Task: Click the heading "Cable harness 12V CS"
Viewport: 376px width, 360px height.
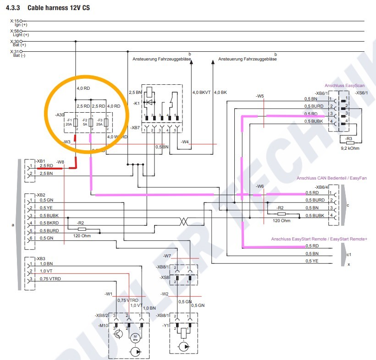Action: point(54,8)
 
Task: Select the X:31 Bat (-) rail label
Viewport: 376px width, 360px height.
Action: point(19,54)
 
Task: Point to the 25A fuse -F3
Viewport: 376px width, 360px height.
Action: point(106,122)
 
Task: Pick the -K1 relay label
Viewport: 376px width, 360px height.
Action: point(136,104)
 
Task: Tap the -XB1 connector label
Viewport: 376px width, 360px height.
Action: point(40,162)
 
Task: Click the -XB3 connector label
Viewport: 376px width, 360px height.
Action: point(40,259)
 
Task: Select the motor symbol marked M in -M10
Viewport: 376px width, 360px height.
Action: point(135,338)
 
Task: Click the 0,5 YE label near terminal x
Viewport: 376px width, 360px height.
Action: point(311,261)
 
